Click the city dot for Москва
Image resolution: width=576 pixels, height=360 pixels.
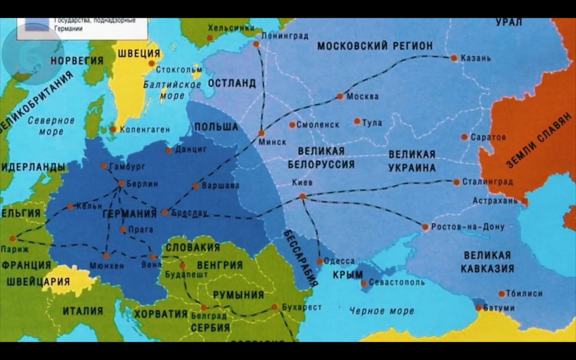click(340, 96)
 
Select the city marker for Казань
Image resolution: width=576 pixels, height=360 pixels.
click(454, 58)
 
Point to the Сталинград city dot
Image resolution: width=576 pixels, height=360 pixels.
click(456, 182)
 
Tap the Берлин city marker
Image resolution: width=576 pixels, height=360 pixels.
click(121, 183)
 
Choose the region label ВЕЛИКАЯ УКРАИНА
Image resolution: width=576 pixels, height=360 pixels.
click(412, 161)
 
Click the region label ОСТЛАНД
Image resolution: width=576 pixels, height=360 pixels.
click(232, 83)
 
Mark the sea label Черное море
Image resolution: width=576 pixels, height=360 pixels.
click(382, 311)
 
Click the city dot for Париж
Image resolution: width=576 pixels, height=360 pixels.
click(13, 238)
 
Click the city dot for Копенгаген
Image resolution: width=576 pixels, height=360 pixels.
click(113, 129)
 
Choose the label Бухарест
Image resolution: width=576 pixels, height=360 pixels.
click(302, 307)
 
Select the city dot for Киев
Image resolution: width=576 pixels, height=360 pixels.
click(302, 196)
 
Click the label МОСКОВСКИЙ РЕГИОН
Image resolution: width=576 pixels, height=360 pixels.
click(375, 46)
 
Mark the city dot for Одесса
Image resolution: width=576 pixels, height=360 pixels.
click(320, 262)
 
